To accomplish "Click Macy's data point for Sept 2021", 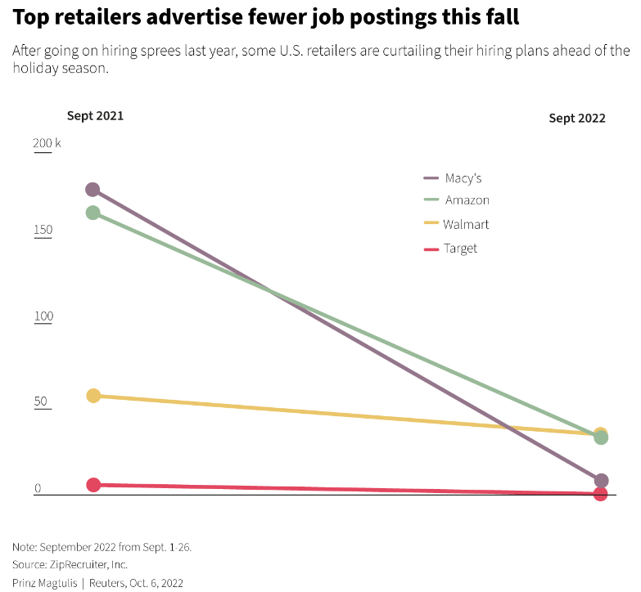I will pyautogui.click(x=93, y=190).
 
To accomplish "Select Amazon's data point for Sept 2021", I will pyautogui.click(x=93, y=213).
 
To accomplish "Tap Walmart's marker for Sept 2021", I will pyautogui.click(x=93, y=396).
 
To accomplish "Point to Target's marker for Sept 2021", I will pyautogui.click(x=93, y=485).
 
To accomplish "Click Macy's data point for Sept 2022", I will pyautogui.click(x=601, y=481).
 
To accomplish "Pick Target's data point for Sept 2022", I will pyautogui.click(x=600, y=494).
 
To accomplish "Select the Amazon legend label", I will pyautogui.click(x=467, y=200).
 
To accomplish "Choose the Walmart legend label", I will pyautogui.click(x=466, y=224).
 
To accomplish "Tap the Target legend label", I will pyautogui.click(x=460, y=248).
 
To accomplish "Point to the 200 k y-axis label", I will pyautogui.click(x=47, y=144).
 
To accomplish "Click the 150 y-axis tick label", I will pyautogui.click(x=43, y=230).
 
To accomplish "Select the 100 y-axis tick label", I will pyautogui.click(x=43, y=316).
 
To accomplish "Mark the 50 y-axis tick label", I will pyautogui.click(x=40, y=403).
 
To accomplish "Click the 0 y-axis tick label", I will pyautogui.click(x=38, y=489).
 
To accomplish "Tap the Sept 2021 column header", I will pyautogui.click(x=95, y=115).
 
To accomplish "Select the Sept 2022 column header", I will pyautogui.click(x=577, y=118).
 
